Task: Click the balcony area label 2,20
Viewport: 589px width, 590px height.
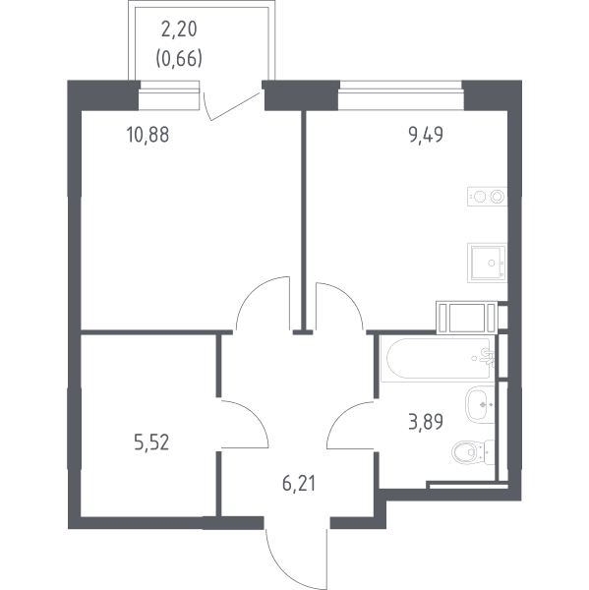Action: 179,29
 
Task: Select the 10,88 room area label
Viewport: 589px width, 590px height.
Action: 148,135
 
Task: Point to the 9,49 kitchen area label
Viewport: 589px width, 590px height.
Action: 426,135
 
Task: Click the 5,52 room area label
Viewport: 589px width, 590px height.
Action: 151,442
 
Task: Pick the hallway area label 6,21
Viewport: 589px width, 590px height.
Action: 299,484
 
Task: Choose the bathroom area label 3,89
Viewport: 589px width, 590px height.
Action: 426,422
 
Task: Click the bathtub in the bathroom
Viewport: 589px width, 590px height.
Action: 438,359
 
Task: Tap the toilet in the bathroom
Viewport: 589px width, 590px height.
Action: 473,452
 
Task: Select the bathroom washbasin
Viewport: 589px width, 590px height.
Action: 480,405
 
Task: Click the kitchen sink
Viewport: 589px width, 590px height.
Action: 487,263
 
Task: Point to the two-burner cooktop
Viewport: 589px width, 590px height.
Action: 487,197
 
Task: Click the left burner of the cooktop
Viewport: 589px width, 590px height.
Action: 479,197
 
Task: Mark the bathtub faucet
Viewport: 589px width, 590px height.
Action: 488,358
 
